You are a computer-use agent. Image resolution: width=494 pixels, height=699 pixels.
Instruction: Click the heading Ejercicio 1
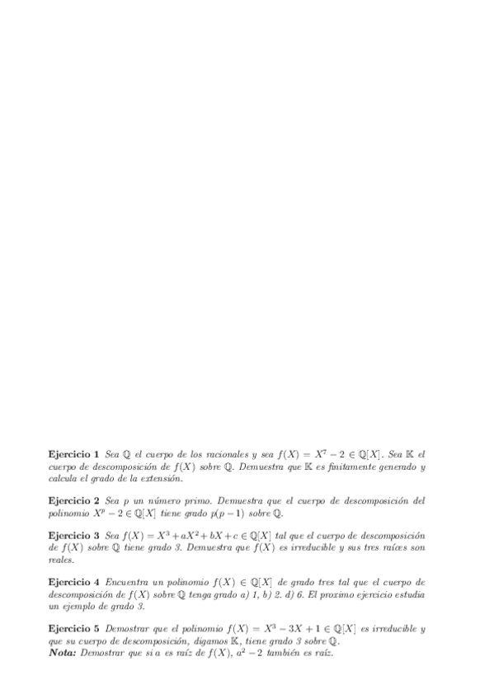pos(74,454)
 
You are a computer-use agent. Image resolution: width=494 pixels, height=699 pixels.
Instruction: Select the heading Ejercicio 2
pos(74,500)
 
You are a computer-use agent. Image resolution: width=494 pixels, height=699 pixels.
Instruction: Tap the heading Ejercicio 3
pos(74,535)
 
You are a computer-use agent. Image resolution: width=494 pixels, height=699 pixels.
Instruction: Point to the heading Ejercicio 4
pos(74,582)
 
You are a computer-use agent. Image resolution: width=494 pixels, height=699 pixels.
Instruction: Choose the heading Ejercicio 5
pos(74,629)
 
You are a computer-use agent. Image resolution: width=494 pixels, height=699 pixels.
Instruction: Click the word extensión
pos(161,478)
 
